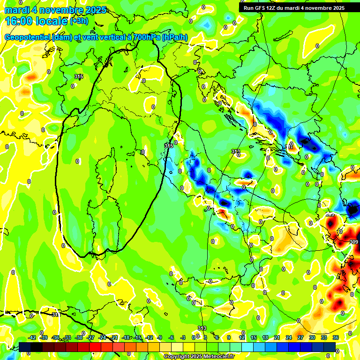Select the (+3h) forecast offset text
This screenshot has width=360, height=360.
[78, 21]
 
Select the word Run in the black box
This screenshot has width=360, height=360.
[249, 8]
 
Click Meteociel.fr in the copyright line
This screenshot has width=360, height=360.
[217, 357]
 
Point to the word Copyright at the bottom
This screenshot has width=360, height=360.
[178, 357]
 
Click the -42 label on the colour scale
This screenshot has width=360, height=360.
[32, 337]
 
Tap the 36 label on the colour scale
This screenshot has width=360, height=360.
[336, 337]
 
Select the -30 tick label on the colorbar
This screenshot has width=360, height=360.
[79, 337]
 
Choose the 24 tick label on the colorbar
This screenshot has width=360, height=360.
[289, 337]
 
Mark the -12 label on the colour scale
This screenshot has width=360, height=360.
[149, 337]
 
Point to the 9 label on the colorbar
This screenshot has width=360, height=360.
[229, 337]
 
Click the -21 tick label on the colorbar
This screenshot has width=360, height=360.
[114, 337]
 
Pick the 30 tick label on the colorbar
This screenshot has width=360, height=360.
[312, 337]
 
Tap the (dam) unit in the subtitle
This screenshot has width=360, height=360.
[62, 37]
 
